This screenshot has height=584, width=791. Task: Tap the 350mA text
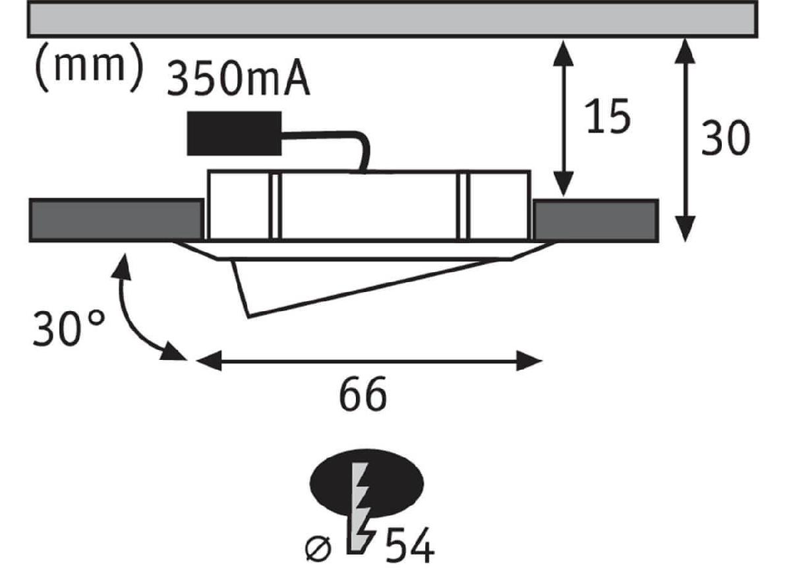pyautogui.click(x=238, y=79)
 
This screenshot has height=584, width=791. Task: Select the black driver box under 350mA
pyautogui.click(x=234, y=133)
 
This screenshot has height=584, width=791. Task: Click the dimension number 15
pyautogui.click(x=607, y=118)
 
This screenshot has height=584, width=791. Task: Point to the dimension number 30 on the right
pyautogui.click(x=725, y=139)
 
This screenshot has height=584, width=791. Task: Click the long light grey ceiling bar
pyautogui.click(x=392, y=18)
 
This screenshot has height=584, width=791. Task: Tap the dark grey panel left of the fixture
pyautogui.click(x=115, y=219)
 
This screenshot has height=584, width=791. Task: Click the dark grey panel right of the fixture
pyautogui.click(x=595, y=219)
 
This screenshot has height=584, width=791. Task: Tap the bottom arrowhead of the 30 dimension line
pyautogui.click(x=686, y=231)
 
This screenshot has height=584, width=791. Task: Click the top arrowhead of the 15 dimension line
pyautogui.click(x=562, y=51)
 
